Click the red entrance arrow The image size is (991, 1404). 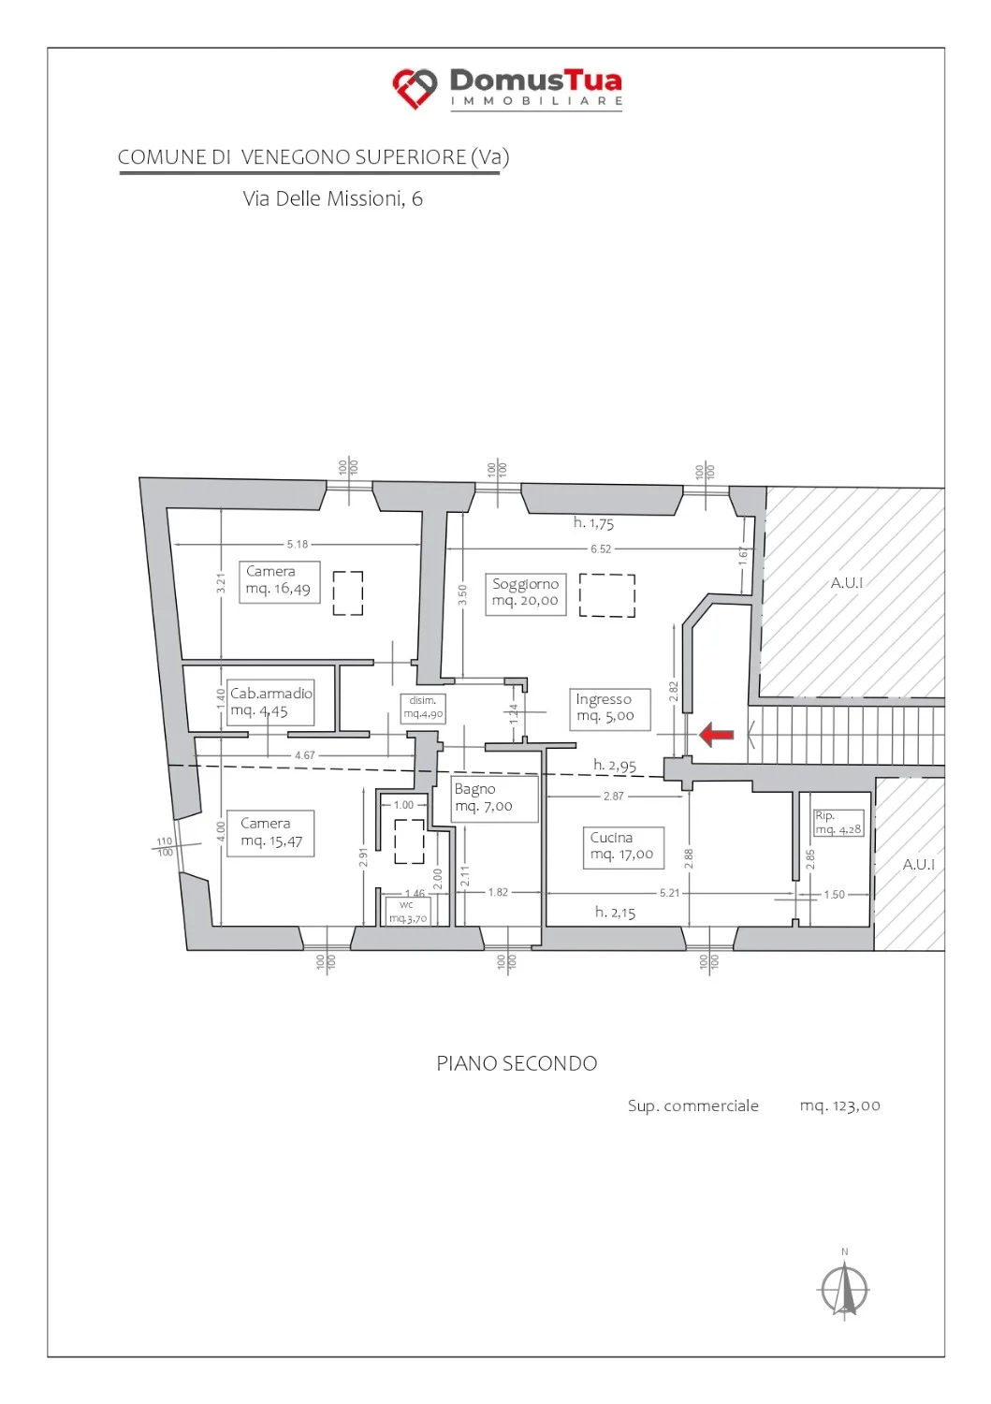tap(716, 735)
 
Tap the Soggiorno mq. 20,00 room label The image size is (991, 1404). tap(525, 592)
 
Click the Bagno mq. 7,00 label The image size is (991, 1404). tap(494, 797)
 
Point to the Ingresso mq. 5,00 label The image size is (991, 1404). tap(610, 709)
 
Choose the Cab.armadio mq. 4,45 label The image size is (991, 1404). tap(270, 702)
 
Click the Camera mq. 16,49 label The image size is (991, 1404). tap(280, 581)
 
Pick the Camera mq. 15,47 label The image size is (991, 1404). tap(270, 834)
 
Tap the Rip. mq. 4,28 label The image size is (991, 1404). tap(838, 823)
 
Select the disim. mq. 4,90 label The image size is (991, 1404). tap(424, 708)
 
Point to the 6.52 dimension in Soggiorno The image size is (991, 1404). tap(601, 549)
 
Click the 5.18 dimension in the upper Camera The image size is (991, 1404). tap(298, 544)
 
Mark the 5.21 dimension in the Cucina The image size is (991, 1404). tap(669, 893)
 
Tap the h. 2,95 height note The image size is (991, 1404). tap(615, 766)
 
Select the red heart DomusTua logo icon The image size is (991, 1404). tap(415, 88)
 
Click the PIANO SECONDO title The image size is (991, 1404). tap(517, 1063)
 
